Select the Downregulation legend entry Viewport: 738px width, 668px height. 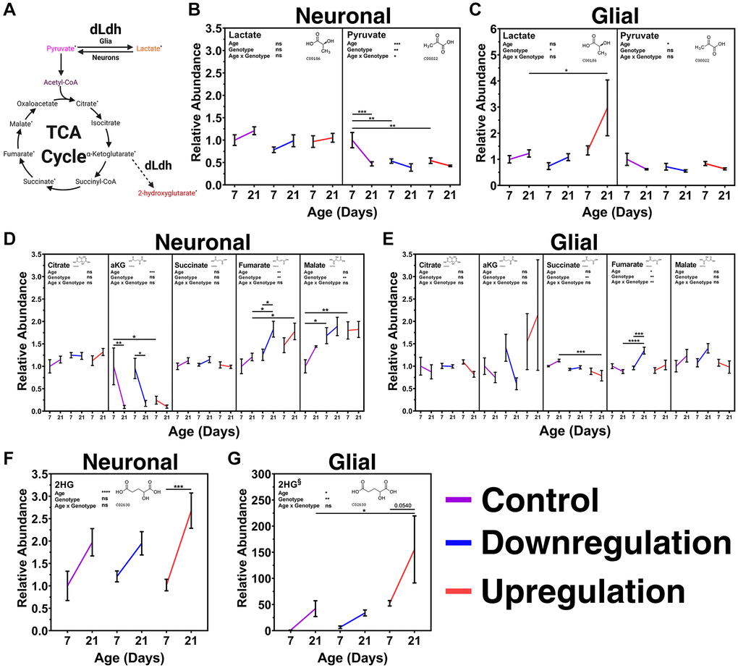click(608, 543)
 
